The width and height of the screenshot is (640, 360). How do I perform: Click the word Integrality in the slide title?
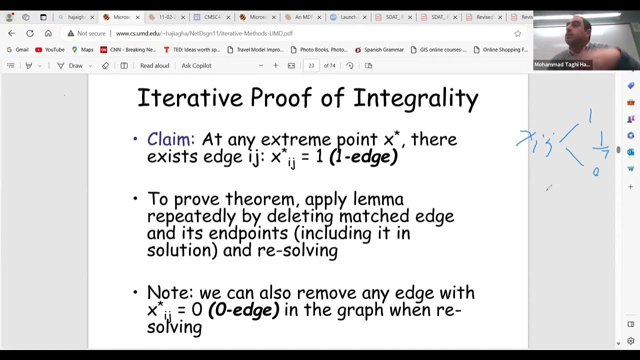pyautogui.click(x=415, y=98)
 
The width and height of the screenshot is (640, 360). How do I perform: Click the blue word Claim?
pyautogui.click(x=170, y=139)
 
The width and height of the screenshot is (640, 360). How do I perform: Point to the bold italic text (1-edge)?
pyautogui.click(x=363, y=156)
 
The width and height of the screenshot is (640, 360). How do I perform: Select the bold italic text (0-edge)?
pyautogui.click(x=243, y=309)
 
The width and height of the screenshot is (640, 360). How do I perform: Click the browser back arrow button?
pyautogui.click(x=11, y=33)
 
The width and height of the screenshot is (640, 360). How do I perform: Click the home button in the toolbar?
pyautogui.click(x=48, y=33)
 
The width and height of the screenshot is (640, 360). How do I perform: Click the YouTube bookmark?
pyautogui.click(x=50, y=49)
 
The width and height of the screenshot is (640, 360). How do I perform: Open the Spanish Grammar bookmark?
pyautogui.click(x=379, y=49)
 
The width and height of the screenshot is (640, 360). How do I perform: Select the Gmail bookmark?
pyautogui.click(x=17, y=49)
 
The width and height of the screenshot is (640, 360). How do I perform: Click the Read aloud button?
pyautogui.click(x=154, y=65)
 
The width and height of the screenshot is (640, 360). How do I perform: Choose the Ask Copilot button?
pyautogui.click(x=196, y=65)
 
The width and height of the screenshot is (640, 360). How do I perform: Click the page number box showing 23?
pyautogui.click(x=311, y=65)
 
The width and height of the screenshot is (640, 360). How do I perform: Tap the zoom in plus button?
pyautogui.click(x=275, y=65)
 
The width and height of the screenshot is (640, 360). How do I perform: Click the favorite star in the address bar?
pyautogui.click(x=518, y=33)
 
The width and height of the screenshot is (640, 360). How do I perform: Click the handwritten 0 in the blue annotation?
pyautogui.click(x=595, y=172)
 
